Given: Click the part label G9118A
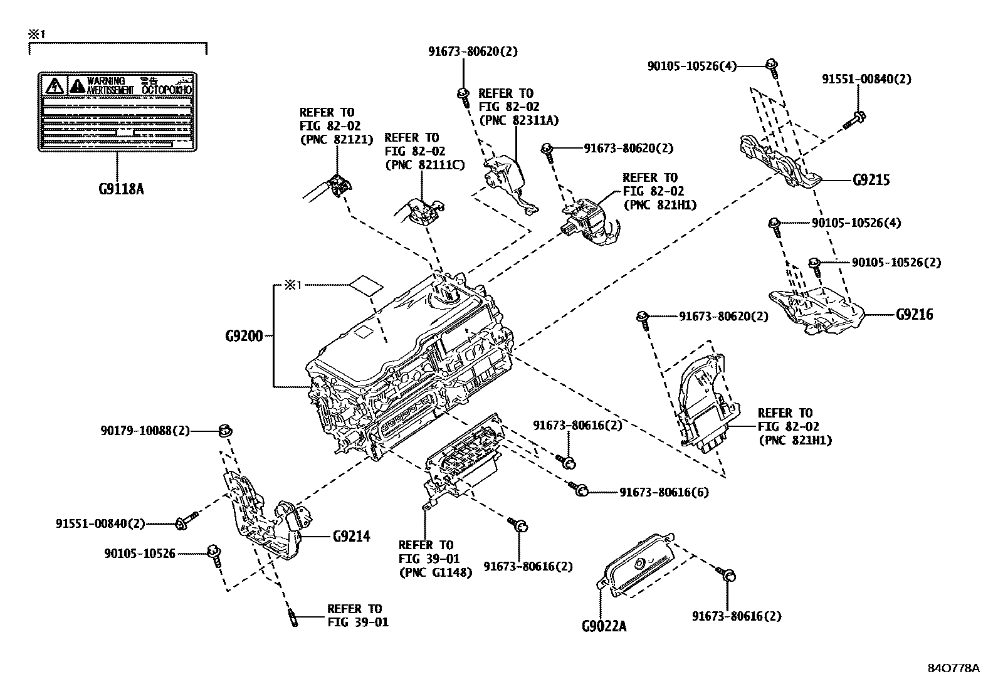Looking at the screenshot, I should (121, 187).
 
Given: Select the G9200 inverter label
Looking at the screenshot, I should (244, 336).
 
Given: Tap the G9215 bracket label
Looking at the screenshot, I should (871, 180).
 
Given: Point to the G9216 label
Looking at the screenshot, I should (914, 314).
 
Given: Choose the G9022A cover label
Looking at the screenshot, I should (604, 625).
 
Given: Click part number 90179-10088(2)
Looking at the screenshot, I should (145, 431).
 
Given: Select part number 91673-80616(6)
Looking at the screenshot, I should (664, 492).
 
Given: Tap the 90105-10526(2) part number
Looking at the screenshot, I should (896, 262).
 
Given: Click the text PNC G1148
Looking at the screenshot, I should (435, 572).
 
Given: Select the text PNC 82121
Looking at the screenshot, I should (336, 139).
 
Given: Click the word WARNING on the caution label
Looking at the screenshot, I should (106, 81).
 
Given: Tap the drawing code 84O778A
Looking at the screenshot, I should (953, 668).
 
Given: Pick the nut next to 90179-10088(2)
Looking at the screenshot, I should (224, 430).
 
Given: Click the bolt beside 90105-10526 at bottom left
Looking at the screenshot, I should (214, 554).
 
